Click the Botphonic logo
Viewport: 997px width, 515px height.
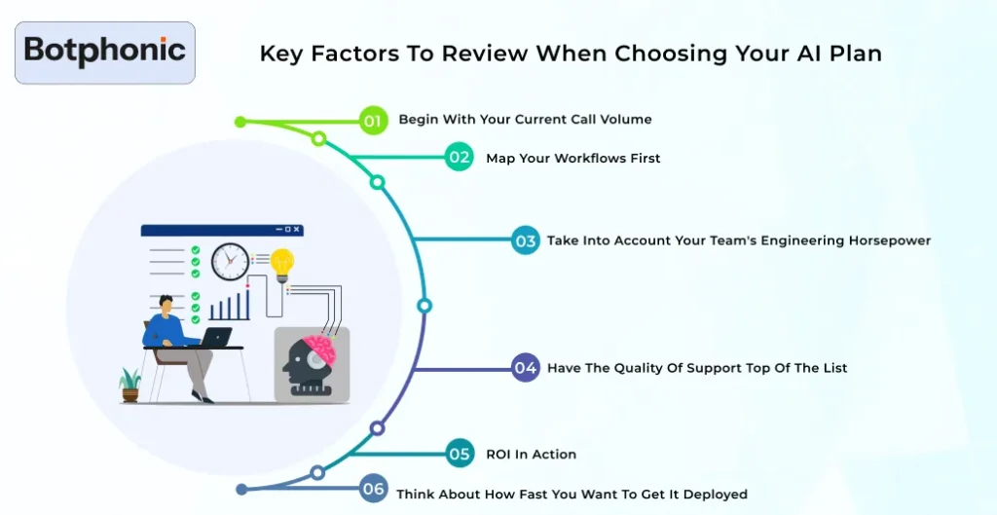(x=105, y=52)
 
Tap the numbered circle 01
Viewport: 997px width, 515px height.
(x=372, y=120)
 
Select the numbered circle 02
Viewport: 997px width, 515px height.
(x=459, y=158)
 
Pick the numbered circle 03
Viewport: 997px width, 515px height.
(x=526, y=240)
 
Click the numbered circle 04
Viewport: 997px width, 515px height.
(x=526, y=368)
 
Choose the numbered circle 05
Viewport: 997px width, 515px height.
(x=460, y=454)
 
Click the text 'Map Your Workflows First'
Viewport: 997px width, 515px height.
(x=572, y=159)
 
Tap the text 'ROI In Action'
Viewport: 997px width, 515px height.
(x=531, y=455)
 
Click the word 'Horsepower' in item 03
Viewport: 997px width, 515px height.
(x=888, y=240)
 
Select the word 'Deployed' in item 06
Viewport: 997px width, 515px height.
(x=716, y=495)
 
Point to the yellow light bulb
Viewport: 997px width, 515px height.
(x=282, y=263)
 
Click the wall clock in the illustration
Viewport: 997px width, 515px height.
(x=230, y=261)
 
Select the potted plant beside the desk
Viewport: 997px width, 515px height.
(x=130, y=385)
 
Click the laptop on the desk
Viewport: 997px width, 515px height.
(x=215, y=337)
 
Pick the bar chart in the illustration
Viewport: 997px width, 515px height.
(x=229, y=305)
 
